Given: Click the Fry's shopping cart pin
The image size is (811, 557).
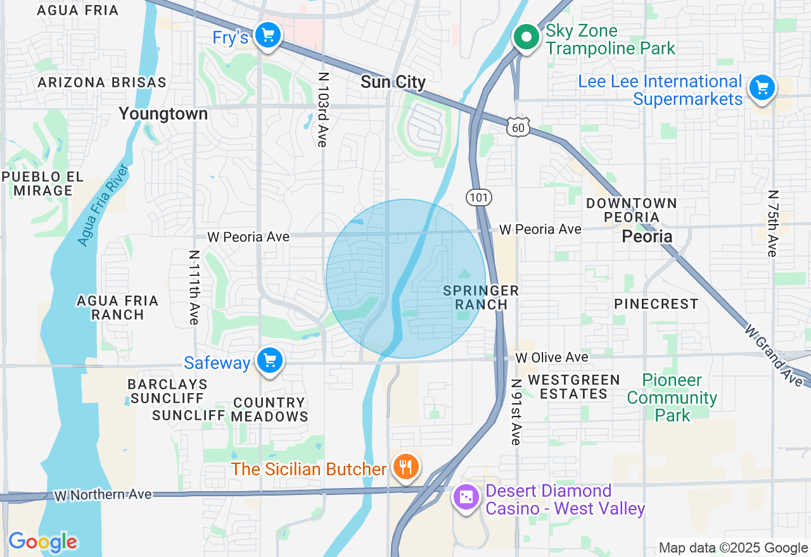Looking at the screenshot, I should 267,35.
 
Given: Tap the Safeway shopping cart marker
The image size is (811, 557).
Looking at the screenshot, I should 270,361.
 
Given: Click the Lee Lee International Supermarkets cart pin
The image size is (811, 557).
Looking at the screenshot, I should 762,87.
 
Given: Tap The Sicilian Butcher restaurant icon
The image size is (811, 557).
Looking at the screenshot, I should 405,467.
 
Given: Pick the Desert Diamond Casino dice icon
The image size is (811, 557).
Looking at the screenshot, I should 466,498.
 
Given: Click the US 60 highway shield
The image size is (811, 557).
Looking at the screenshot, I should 518,128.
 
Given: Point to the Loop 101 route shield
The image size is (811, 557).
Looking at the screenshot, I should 479,197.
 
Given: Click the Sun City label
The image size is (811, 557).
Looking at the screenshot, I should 393,82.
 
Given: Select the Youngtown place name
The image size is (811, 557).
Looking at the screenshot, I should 163,114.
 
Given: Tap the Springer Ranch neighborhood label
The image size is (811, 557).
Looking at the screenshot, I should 481,297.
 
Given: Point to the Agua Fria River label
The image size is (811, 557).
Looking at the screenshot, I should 103,204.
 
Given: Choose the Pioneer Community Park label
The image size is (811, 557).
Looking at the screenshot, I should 672,397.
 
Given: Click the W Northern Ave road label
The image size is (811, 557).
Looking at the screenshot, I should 103,494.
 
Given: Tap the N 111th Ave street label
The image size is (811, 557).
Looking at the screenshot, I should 194,287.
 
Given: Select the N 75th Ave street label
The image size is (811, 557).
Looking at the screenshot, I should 772,223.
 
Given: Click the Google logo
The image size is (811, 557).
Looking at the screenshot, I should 42,542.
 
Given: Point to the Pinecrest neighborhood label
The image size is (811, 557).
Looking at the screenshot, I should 656,304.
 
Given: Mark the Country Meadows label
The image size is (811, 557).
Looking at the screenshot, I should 269,410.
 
